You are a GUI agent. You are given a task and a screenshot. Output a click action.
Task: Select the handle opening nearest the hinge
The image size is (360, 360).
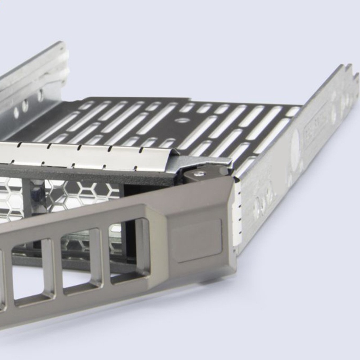130,250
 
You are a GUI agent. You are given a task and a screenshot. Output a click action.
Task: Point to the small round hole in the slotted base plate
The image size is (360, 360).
182,120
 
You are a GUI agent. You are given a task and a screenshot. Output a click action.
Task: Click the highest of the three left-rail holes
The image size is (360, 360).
40,95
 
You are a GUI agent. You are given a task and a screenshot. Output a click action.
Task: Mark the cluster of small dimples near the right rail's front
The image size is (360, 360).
263,198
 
